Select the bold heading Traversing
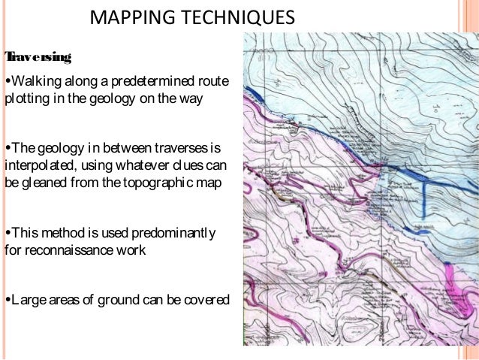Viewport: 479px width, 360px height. pos(38,57)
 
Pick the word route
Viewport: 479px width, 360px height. pos(213,81)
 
